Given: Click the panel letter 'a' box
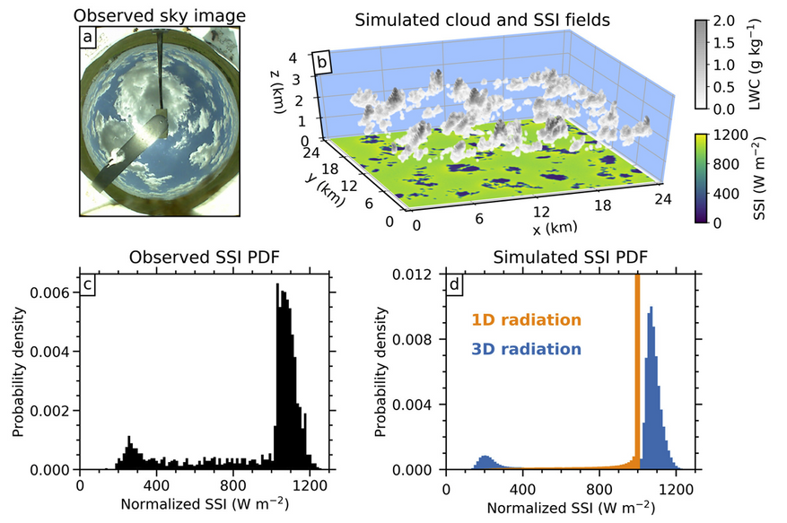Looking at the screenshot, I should tap(88, 37).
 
